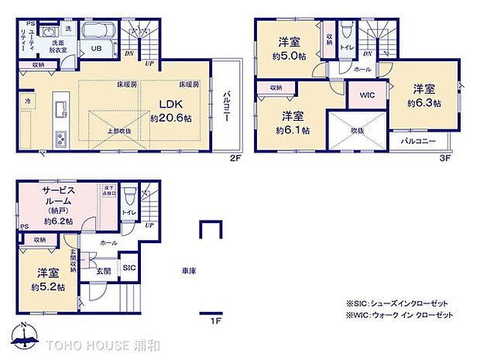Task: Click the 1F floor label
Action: click(217, 319)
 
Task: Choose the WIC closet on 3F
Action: click(368, 98)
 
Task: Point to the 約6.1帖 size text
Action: click(292, 129)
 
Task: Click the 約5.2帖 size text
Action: click(49, 287)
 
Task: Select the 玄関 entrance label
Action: click(104, 271)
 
